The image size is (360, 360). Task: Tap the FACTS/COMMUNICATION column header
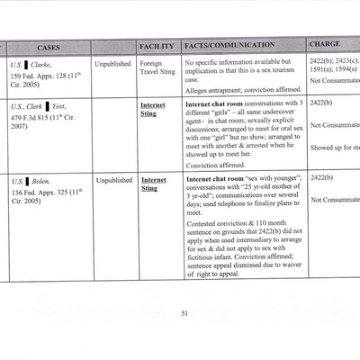click(x=224, y=46)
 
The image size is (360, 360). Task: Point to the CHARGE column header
click(x=324, y=45)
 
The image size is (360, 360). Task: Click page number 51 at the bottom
click(x=184, y=313)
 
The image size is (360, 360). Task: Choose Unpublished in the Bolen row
click(x=113, y=180)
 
